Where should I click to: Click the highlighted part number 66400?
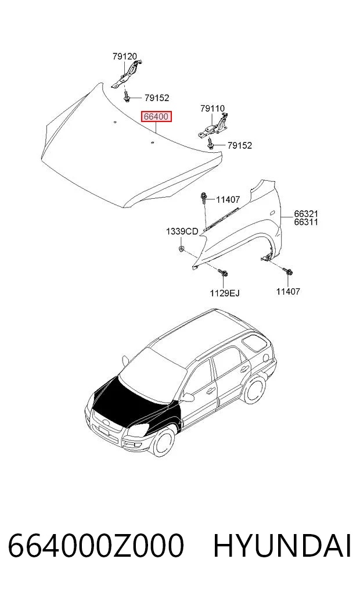[156, 117]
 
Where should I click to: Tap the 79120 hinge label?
[125, 56]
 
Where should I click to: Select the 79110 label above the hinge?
[213, 109]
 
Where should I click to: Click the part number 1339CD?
[182, 231]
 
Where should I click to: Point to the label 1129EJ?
[225, 293]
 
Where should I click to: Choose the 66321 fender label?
[306, 214]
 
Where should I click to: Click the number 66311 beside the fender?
[306, 222]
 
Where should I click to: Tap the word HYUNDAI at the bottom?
[282, 546]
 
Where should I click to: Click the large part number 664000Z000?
[96, 546]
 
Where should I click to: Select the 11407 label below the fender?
[288, 291]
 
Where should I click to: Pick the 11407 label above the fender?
[228, 200]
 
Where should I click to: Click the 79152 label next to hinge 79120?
[157, 98]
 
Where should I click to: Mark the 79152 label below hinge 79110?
[240, 145]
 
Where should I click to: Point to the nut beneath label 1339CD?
[181, 248]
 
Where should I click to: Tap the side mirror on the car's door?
[188, 396]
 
